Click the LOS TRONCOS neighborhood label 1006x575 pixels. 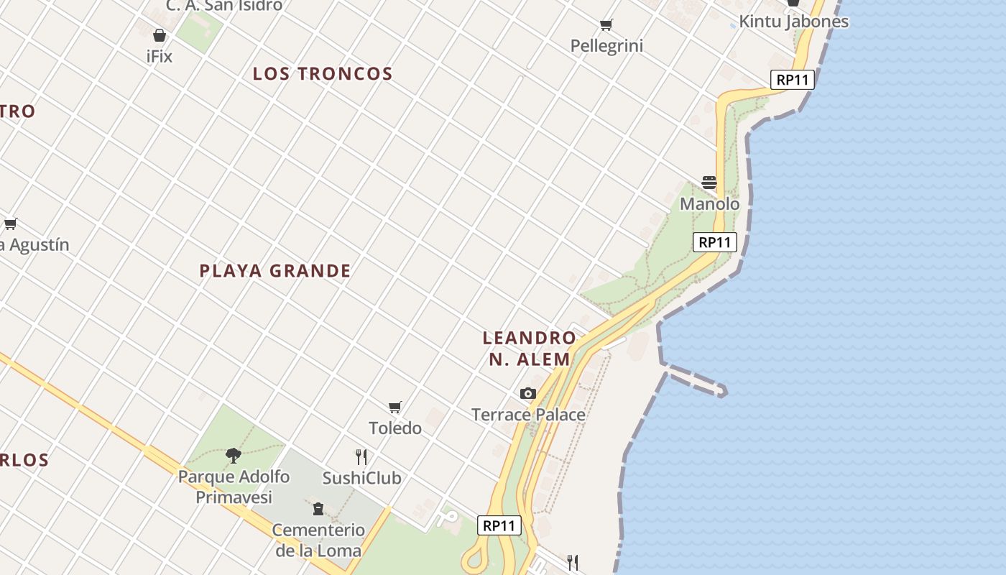tap(323, 73)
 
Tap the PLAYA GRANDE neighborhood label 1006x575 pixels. tap(275, 271)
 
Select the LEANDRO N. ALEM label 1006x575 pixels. tap(530, 348)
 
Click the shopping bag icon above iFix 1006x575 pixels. tap(160, 35)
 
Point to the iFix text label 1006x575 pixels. tap(160, 56)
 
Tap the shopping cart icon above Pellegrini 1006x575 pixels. tap(606, 25)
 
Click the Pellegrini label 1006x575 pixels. tap(606, 46)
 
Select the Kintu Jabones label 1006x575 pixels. tap(793, 22)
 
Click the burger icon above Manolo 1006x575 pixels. tap(709, 183)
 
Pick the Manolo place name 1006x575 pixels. tap(709, 204)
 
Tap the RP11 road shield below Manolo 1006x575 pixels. tap(715, 242)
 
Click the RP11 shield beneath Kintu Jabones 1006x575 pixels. tap(793, 80)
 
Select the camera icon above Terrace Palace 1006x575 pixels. tap(528, 393)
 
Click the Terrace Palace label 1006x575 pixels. tap(528, 415)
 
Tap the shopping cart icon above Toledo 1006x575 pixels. tap(394, 408)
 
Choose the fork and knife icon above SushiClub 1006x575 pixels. tap(361, 456)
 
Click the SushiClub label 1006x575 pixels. tap(361, 478)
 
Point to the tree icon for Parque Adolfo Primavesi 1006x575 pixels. tap(233, 454)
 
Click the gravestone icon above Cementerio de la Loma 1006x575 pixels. tap(318, 509)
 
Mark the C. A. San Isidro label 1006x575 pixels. tap(224, 6)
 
